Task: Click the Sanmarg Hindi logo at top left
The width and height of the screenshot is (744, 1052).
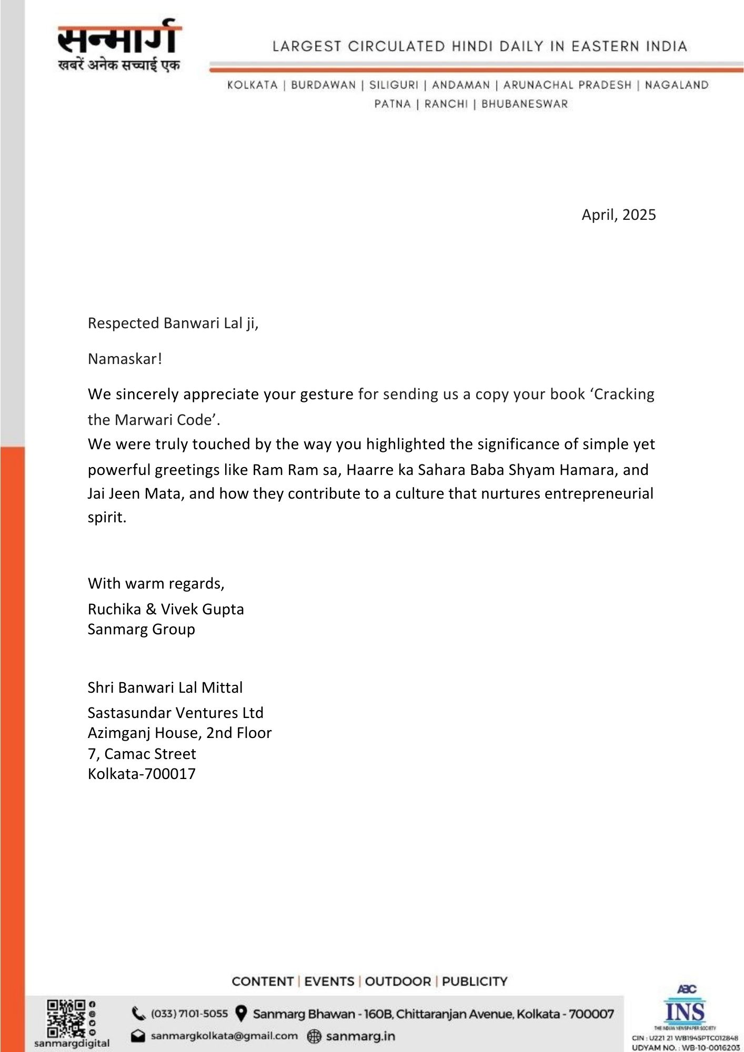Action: pos(119,46)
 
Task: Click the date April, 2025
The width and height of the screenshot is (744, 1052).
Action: pos(618,215)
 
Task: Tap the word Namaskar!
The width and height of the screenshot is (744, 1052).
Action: pos(125,359)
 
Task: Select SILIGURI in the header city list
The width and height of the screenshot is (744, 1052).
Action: pos(394,85)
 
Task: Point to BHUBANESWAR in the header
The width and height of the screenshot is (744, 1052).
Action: pos(525,104)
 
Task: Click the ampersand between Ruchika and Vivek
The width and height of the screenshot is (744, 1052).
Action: pos(151,609)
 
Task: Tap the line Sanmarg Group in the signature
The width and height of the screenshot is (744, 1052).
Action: pos(141,629)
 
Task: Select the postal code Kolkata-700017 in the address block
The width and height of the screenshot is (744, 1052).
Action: pos(142,774)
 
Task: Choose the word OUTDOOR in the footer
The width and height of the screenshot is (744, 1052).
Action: pos(397,982)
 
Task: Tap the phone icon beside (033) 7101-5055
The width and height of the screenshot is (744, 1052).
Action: pos(138,1013)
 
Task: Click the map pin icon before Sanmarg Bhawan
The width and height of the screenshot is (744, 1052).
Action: pos(240,1014)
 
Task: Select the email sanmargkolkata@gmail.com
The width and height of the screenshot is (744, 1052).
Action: pos(224,1036)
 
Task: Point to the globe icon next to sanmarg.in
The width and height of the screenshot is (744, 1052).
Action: pos(314,1036)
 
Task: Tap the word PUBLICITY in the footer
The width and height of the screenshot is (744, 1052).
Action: pos(474,982)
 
